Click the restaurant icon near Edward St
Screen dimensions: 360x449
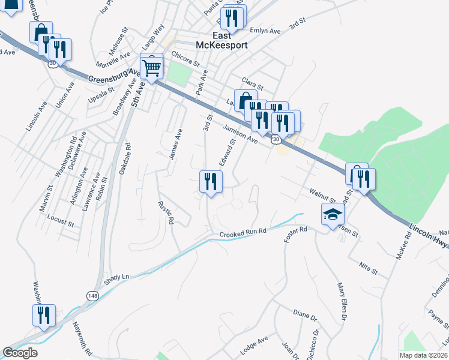[x=211, y=181]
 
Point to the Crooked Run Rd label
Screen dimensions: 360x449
[x=243, y=232]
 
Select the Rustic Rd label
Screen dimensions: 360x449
[x=166, y=212]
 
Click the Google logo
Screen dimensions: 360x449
[x=20, y=353]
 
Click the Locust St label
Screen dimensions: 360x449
[x=59, y=224]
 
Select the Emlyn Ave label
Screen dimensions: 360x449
[x=265, y=31]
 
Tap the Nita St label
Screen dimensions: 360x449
[x=369, y=268]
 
